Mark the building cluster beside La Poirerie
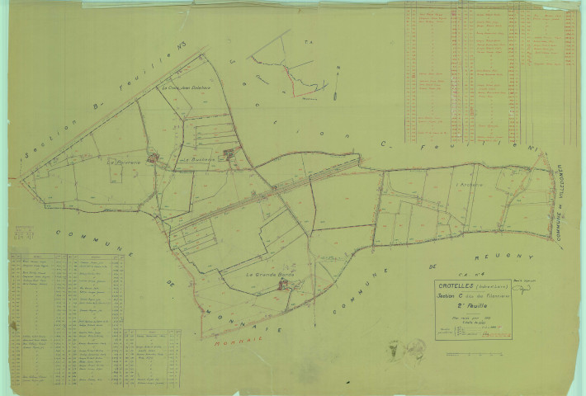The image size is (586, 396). pyautogui.click(x=152, y=157)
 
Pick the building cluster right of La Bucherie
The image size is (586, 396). pyautogui.click(x=232, y=152)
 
